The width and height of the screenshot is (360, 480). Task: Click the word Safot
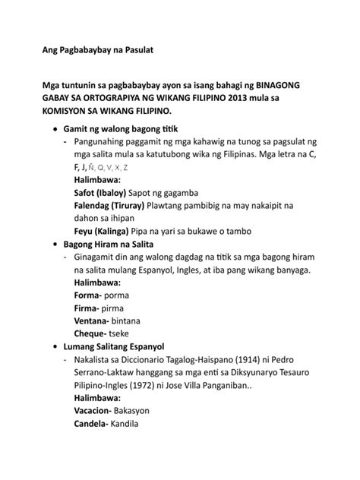87,193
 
